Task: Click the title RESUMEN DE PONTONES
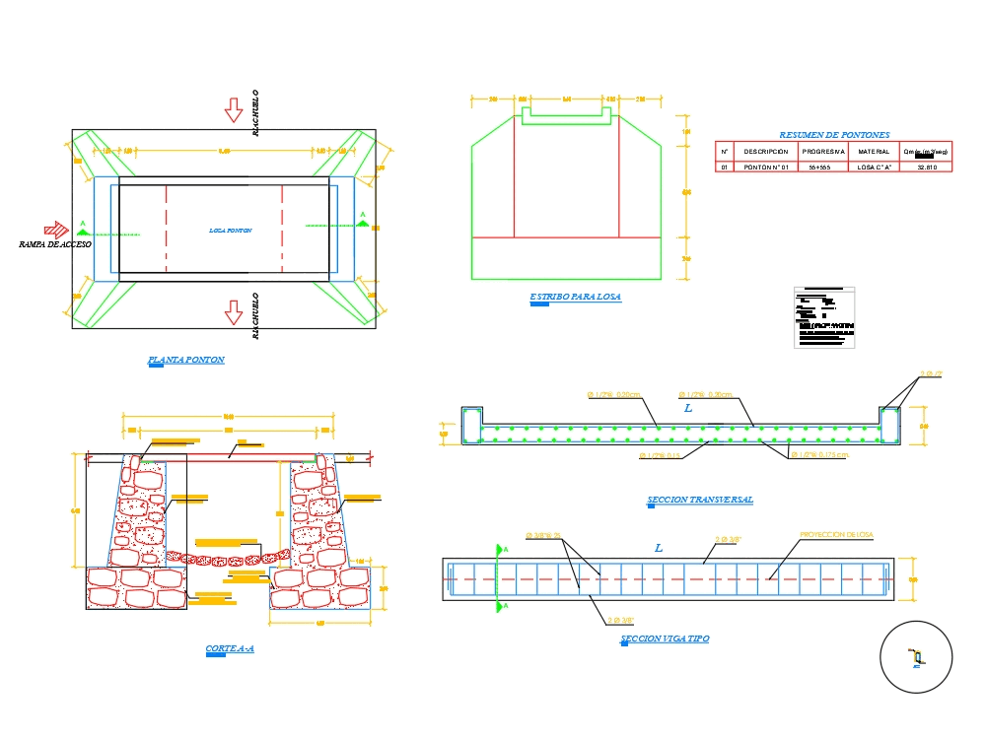[x=834, y=135]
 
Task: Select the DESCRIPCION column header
[x=766, y=152]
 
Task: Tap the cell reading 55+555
[x=823, y=168]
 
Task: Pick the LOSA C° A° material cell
[x=873, y=168]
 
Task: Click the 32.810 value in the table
[x=926, y=168]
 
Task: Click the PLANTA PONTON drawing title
[x=186, y=360]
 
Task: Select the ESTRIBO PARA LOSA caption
[x=576, y=297]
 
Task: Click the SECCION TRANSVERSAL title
[x=700, y=500]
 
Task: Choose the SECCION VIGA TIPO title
[x=665, y=639]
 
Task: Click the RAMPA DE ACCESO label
[x=55, y=243]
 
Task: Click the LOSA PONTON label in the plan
[x=231, y=231]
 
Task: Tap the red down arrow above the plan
[x=234, y=109]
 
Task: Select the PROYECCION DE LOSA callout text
[x=836, y=535]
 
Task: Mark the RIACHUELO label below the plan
[x=255, y=315]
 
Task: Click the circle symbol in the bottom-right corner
[x=916, y=657]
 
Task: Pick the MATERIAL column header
[x=873, y=152]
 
